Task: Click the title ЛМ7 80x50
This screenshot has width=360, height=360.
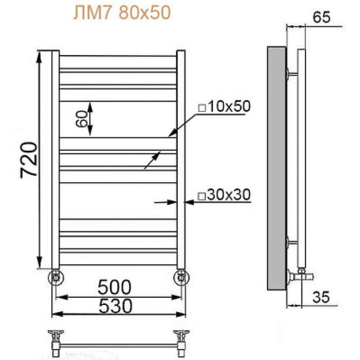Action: (122, 13)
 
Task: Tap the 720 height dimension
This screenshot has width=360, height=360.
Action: (28, 160)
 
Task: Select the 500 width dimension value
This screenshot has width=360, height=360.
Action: (114, 287)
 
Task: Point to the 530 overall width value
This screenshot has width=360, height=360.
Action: (116, 306)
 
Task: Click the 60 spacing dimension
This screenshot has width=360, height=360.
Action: (81, 119)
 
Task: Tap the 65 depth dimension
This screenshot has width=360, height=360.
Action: (321, 17)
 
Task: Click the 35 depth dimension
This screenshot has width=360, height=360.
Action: (321, 297)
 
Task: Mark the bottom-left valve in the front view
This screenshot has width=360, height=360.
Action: (56, 277)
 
